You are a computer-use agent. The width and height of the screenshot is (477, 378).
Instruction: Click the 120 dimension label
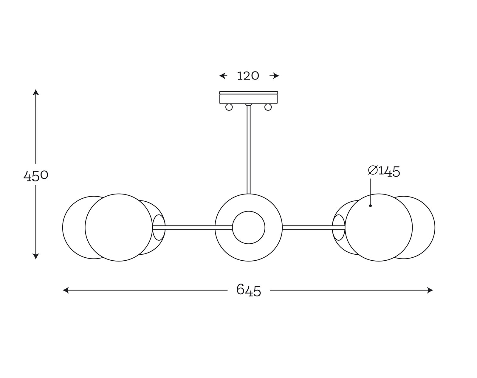tap(248, 76)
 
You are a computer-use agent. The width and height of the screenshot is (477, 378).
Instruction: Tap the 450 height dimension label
tap(36, 176)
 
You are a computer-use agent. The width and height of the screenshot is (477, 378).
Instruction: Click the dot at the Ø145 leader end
tap(370, 206)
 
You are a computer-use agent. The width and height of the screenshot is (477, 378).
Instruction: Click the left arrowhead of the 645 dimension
tap(66, 290)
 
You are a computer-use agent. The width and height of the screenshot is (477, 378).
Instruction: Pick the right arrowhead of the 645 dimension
tap(430, 290)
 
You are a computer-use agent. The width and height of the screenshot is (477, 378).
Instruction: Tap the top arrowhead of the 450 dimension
tap(36, 92)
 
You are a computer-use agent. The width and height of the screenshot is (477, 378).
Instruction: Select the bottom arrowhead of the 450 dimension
tap(36, 256)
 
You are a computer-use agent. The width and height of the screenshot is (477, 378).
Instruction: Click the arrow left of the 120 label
tap(223, 76)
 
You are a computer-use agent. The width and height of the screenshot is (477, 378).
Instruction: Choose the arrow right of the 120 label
tap(274, 76)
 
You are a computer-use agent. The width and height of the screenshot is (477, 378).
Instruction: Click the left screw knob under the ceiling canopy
tap(229, 107)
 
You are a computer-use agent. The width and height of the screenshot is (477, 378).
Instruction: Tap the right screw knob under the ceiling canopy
tap(268, 107)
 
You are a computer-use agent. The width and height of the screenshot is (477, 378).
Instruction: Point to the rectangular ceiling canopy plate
tap(248, 97)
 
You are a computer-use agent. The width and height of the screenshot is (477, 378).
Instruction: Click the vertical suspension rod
tap(249, 150)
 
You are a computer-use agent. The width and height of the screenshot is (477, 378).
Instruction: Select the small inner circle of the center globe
tap(249, 227)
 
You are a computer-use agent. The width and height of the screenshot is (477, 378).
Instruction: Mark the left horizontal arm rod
tap(192, 227)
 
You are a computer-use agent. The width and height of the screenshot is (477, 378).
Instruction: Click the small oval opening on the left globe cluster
tap(159, 227)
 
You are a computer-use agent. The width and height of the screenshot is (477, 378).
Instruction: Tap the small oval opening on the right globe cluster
tap(338, 227)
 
